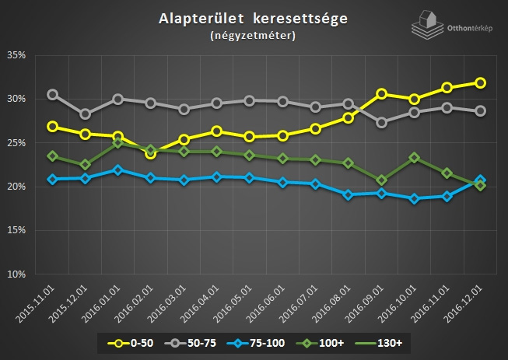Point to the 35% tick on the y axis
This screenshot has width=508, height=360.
coord(17,56)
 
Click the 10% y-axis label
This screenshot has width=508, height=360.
coord(17,274)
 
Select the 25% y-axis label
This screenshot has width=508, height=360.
coord(17,143)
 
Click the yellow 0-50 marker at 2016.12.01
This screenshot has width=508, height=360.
coord(481,82)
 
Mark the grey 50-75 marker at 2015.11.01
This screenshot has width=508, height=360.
coord(52,95)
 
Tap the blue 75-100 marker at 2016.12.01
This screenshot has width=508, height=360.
coord(481,180)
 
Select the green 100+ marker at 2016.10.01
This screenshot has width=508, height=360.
coord(415,158)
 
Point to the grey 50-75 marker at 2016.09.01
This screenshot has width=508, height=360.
coord(382,122)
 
